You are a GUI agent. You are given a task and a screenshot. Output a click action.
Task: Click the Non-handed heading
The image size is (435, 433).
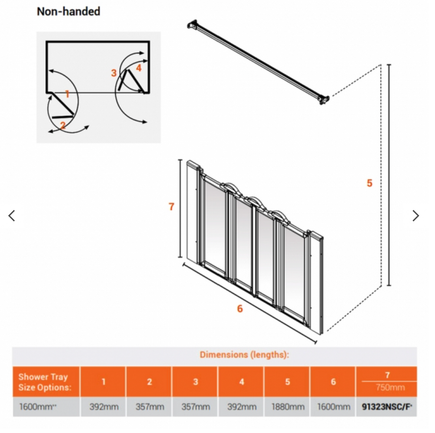[x=68, y=11]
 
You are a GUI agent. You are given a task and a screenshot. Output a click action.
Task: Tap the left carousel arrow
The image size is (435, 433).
[x=12, y=216]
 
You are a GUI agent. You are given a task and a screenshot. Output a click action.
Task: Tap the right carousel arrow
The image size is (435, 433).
[x=415, y=216]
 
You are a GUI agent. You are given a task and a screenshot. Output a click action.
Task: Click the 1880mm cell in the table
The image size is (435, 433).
[x=287, y=407]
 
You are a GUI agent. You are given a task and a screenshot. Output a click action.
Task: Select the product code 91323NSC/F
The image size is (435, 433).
[x=387, y=407]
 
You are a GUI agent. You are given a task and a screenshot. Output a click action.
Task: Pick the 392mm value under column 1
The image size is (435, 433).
[x=104, y=407]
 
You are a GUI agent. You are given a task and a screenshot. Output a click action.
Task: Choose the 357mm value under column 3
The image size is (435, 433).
[x=195, y=407]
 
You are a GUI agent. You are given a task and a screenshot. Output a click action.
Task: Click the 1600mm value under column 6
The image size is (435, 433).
[x=333, y=407]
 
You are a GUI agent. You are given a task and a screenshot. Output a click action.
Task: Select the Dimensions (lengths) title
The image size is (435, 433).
[x=244, y=355]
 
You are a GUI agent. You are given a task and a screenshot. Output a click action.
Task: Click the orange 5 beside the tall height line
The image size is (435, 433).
[x=369, y=183]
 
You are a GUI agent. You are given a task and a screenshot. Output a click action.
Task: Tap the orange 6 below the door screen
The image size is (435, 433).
[x=240, y=309]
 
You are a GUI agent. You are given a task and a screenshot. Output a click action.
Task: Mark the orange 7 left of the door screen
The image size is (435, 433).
[x=171, y=207]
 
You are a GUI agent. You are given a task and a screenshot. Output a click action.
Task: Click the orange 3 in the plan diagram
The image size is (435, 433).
[x=114, y=73]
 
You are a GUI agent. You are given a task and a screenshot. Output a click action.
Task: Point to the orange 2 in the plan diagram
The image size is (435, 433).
[x=63, y=125]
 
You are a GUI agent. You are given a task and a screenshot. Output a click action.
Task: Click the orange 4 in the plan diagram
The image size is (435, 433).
[x=139, y=68]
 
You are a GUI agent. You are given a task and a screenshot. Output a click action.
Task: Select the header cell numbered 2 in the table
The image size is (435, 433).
[x=149, y=382]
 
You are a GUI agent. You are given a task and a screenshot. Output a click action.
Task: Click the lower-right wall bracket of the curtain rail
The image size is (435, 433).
[x=324, y=100]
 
